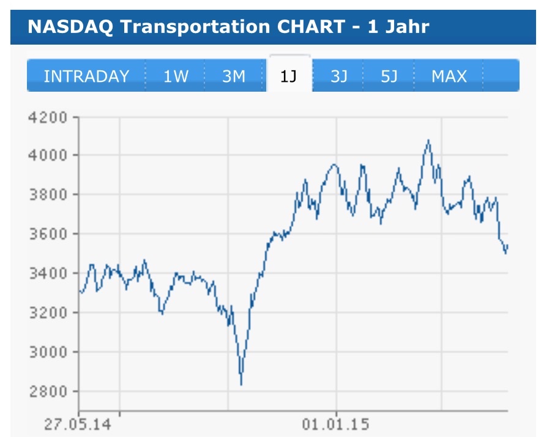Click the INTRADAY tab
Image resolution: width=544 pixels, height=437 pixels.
[x=86, y=76]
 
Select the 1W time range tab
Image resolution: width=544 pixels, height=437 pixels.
[x=176, y=76]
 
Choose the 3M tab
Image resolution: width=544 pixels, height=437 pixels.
[x=234, y=76]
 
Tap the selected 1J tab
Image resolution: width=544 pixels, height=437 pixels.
[x=289, y=76]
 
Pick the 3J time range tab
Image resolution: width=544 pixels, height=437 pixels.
[x=339, y=76]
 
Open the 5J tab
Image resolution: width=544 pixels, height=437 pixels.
[x=389, y=76]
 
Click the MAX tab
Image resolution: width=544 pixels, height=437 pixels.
[x=449, y=76]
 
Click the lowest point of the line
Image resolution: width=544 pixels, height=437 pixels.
[x=241, y=384]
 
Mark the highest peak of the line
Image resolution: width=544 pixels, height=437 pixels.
[x=428, y=140]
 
